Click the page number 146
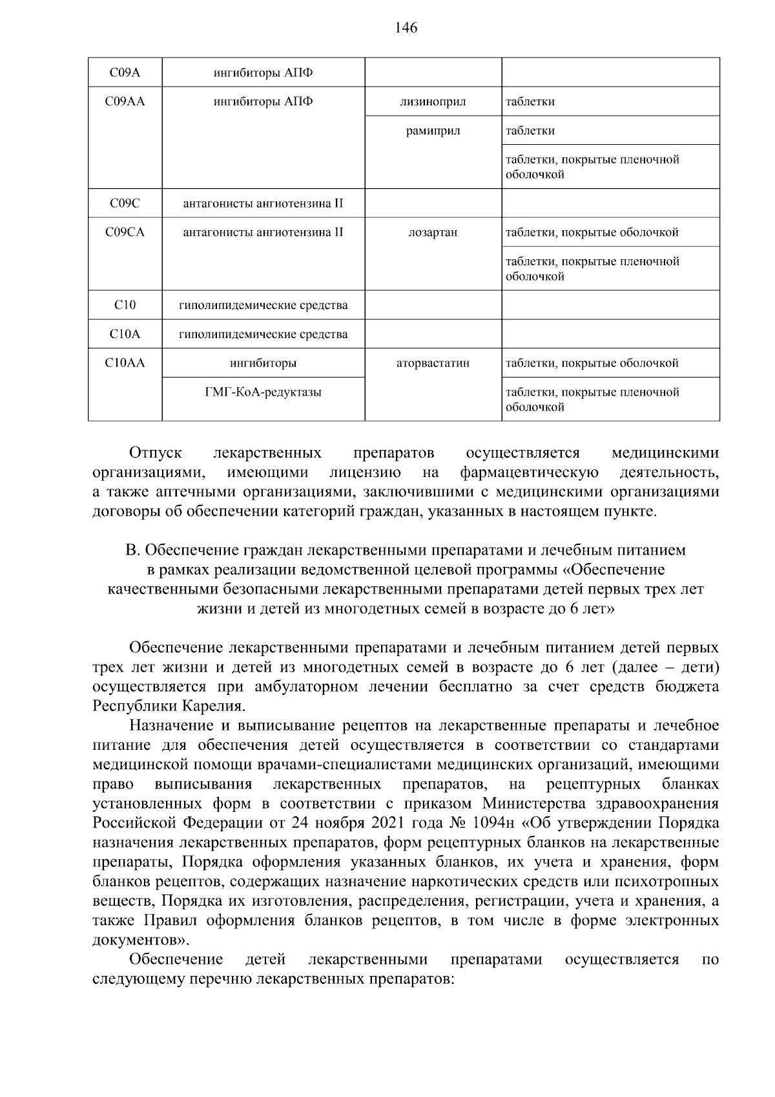[x=406, y=28]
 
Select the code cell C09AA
[x=125, y=101]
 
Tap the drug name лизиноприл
[x=433, y=101]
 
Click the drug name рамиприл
[x=433, y=131]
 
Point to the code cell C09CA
[x=125, y=232]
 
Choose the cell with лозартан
[x=433, y=232]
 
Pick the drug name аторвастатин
[x=433, y=363]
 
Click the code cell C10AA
[x=125, y=363]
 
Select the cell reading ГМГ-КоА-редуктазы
[x=263, y=392]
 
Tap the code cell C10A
[x=125, y=334]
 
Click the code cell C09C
[x=125, y=204]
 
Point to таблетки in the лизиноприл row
[x=530, y=101]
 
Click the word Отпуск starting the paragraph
[x=156, y=453]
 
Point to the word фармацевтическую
[x=529, y=473]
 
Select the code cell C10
[x=125, y=305]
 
